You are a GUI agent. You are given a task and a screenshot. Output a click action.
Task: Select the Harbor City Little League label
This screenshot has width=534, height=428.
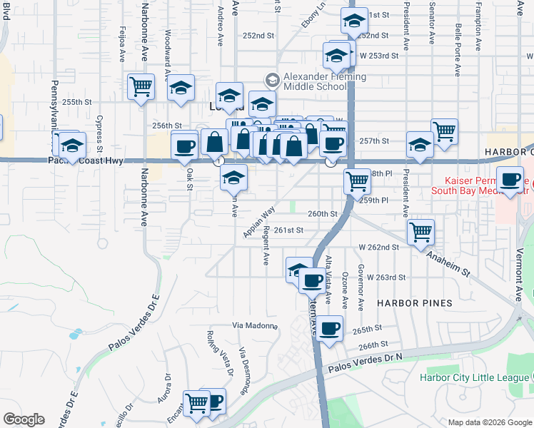click(472, 377)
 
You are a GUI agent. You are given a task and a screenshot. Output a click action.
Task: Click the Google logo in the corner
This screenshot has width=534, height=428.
click(24, 419)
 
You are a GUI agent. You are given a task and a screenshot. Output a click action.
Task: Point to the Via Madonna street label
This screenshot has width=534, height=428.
click(255, 325)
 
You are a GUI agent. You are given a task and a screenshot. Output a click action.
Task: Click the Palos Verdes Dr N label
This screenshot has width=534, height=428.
click(366, 365)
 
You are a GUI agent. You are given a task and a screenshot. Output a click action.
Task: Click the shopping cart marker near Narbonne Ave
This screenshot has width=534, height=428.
click(141, 87)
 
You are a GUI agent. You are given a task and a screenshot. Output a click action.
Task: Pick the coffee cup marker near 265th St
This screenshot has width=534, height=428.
click(329, 329)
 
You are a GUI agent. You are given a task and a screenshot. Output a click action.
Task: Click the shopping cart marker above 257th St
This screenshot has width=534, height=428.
click(445, 132)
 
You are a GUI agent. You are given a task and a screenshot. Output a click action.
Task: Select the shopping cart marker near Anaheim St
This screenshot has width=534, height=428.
click(420, 231)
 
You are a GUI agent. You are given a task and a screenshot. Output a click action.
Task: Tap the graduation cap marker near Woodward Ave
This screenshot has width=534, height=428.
click(181, 88)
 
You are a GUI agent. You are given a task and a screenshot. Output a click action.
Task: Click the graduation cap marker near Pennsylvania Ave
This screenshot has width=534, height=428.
click(71, 146)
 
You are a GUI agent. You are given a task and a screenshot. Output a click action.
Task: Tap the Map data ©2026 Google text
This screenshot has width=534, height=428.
click(489, 422)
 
